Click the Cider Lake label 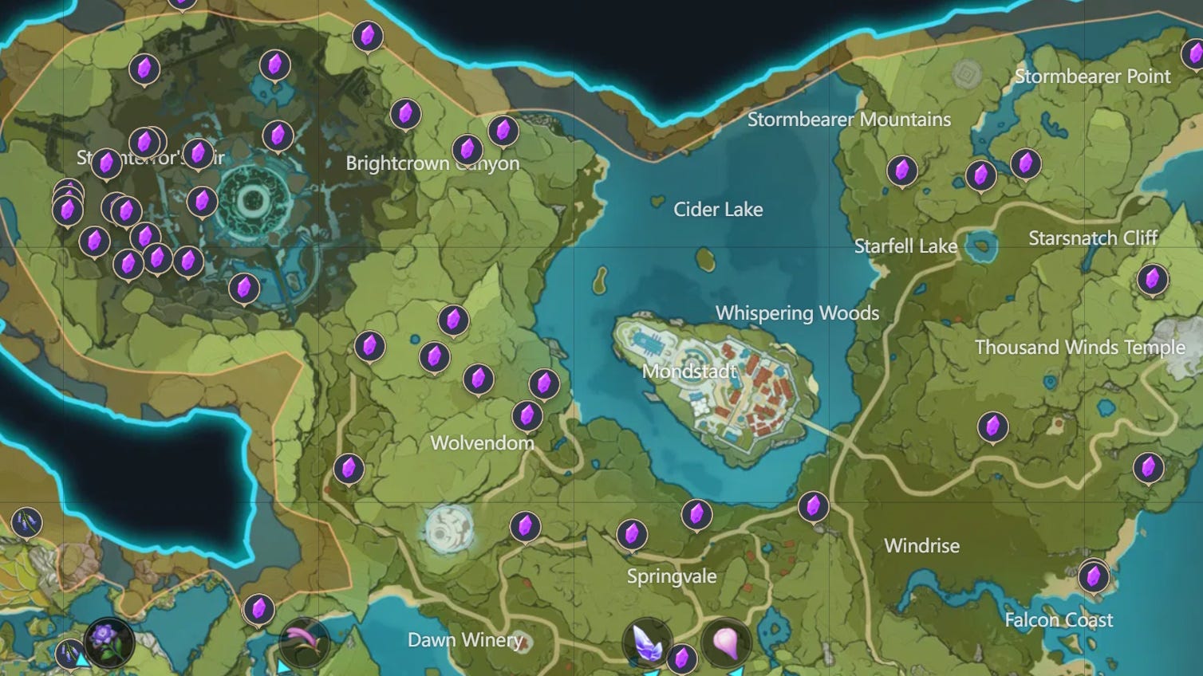(718, 210)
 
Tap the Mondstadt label (689, 371)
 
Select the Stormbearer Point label (1092, 77)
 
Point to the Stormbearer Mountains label (849, 120)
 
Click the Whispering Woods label (797, 313)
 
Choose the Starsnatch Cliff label (1093, 238)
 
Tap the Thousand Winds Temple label (1079, 348)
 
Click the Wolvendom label (482, 443)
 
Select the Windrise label (921, 546)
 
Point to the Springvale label (672, 576)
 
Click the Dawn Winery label (465, 640)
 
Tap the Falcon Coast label (1059, 620)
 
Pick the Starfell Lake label (905, 246)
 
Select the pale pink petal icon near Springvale (725, 642)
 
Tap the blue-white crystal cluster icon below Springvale (647, 642)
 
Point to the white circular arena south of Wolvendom (448, 529)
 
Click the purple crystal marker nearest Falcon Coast (1093, 575)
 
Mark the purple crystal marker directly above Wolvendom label (527, 415)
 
